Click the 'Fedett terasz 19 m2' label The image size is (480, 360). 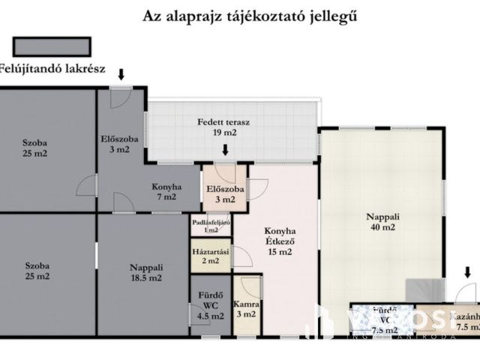point(223,127)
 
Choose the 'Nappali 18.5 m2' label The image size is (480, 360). point(145,271)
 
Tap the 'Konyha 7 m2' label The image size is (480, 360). point(166,192)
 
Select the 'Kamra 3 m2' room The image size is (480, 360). point(247,309)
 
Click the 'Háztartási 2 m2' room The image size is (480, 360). point(210,256)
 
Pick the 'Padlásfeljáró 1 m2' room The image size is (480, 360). point(210,226)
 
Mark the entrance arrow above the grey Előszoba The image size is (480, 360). point(121,73)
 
